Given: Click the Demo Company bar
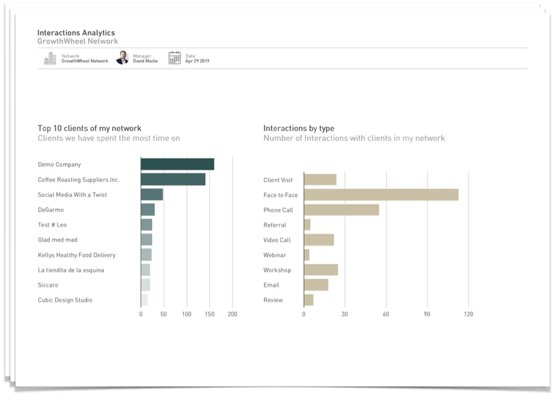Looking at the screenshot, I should coord(177,164).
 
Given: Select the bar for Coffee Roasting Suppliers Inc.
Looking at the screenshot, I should coord(173,179).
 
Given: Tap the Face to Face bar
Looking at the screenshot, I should coord(381,195).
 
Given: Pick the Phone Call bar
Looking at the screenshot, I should coord(341,210).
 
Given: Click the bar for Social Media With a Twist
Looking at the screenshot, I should coord(152,195).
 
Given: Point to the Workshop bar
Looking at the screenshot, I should coord(321,270).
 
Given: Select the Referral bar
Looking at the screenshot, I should coord(307,225).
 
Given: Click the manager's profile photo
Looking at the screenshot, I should coord(122,58).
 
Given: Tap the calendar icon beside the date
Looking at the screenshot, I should coord(175,58).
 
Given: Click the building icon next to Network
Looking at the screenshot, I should coord(50,58).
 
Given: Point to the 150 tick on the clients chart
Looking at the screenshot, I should coord(209,314).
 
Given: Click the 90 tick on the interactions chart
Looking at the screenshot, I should coord(427,314).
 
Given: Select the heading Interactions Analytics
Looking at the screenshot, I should coord(76,33).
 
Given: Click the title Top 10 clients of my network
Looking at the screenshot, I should coord(89,128).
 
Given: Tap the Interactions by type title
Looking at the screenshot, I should coord(299,128).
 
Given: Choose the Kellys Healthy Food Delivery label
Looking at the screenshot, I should coord(77,255).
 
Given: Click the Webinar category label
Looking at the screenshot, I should coord(275,255).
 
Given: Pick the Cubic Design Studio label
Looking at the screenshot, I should coord(65,300).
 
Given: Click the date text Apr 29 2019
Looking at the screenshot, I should coord(197,61).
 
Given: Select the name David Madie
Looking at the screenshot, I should coord(145,61).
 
